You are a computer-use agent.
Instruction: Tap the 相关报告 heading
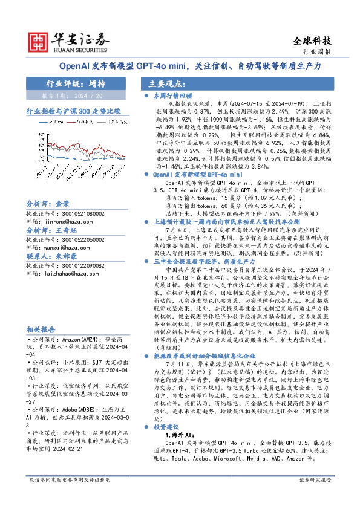(41, 346)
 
